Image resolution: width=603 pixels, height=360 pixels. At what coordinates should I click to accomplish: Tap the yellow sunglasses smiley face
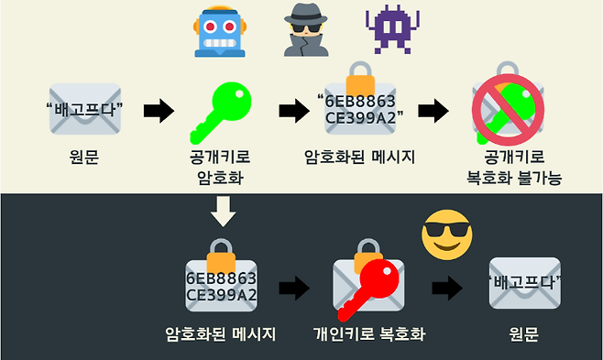[446, 235]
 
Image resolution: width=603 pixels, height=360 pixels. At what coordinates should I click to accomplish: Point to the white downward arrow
[222, 212]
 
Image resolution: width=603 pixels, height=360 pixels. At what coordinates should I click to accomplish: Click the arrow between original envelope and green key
[159, 112]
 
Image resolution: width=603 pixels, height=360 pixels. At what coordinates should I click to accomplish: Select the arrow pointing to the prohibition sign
[432, 112]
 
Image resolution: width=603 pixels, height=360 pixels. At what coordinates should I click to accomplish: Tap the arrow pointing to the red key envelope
[293, 289]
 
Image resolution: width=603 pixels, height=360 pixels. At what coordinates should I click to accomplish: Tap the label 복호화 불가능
[508, 177]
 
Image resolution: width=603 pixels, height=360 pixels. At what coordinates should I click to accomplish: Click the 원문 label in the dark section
[523, 334]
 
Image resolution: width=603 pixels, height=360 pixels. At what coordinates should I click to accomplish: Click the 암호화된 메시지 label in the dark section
[220, 334]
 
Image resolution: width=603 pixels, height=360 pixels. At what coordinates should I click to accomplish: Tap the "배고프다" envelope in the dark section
[524, 283]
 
